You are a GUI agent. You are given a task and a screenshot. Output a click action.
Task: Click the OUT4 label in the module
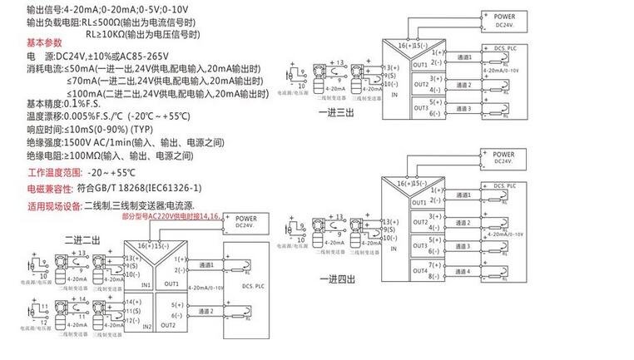(x=419, y=271)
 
